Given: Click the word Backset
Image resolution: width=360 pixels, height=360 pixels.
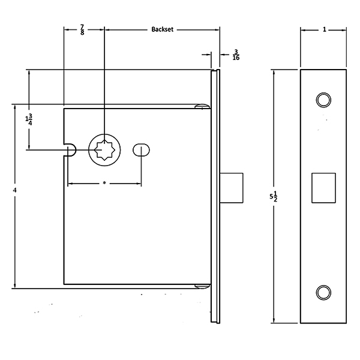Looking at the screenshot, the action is [x=163, y=29].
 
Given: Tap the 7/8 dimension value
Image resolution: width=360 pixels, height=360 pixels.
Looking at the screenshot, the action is [x=82, y=30].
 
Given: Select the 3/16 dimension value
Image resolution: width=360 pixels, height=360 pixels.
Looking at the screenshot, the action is [x=236, y=55].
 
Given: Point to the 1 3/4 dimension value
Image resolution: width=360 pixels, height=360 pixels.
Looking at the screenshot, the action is [x=29, y=120].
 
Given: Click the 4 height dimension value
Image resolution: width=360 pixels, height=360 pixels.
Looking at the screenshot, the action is [x=14, y=190].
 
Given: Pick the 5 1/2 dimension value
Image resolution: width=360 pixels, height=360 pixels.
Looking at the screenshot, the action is [x=273, y=196].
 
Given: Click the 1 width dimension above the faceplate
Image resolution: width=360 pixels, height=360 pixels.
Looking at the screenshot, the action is [x=325, y=29].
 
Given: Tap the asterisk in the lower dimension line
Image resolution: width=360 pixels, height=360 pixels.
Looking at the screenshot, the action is [x=104, y=183].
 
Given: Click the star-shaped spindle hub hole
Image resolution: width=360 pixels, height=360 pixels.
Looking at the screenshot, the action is [x=104, y=150].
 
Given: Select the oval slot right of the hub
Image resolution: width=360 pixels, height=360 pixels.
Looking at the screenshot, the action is [x=141, y=149].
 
